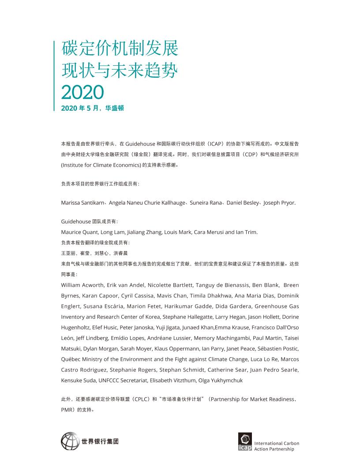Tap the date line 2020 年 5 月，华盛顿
(x=93, y=108)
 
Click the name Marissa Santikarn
(x=82, y=203)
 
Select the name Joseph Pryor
(x=280, y=203)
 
